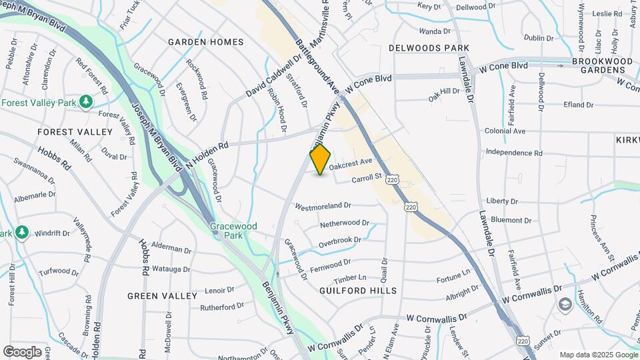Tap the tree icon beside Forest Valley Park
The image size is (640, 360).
85,101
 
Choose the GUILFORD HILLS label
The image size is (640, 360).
358,291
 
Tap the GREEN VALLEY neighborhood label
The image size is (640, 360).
162,295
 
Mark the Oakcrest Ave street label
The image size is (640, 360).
350,162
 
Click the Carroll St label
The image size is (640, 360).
365,178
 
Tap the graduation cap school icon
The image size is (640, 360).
565,305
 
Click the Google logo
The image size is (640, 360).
22,351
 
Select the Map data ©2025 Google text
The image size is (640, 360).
597,355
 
